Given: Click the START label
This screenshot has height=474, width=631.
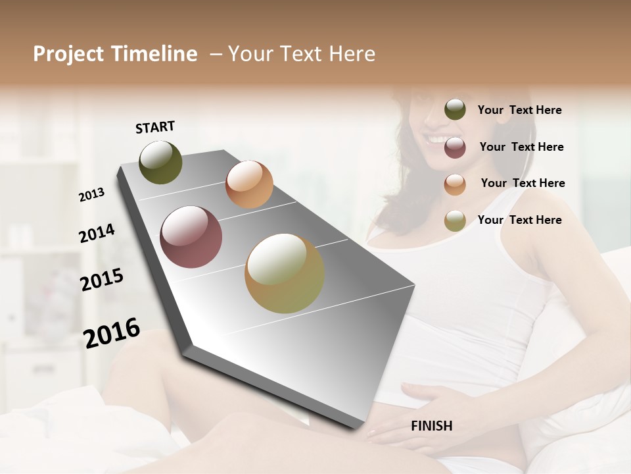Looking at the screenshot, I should (155, 127).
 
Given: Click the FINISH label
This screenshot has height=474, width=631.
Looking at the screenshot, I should (431, 426).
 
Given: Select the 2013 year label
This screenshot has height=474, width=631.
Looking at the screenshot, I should (92, 194).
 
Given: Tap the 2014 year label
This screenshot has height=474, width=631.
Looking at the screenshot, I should (97, 234).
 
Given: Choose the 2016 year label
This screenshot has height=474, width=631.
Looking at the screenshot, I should (112, 333).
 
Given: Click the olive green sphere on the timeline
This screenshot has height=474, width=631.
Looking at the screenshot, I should (160, 162).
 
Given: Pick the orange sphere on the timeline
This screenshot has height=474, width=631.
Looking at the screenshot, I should (249, 184).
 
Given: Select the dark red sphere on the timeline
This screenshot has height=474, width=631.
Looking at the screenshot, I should (191, 237).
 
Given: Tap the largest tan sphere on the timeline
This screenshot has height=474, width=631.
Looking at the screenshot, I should (284, 273).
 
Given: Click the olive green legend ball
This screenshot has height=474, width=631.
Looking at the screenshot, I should (455, 110).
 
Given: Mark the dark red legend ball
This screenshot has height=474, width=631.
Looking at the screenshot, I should (455, 147).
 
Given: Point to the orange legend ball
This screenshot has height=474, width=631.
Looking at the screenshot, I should (455, 184).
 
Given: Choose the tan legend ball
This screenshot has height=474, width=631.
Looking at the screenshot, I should (455, 221).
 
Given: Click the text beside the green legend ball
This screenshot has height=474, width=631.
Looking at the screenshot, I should (519, 110).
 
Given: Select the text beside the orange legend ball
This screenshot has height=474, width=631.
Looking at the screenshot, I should (523, 183).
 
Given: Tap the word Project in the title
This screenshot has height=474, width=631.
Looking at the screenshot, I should (69, 54).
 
